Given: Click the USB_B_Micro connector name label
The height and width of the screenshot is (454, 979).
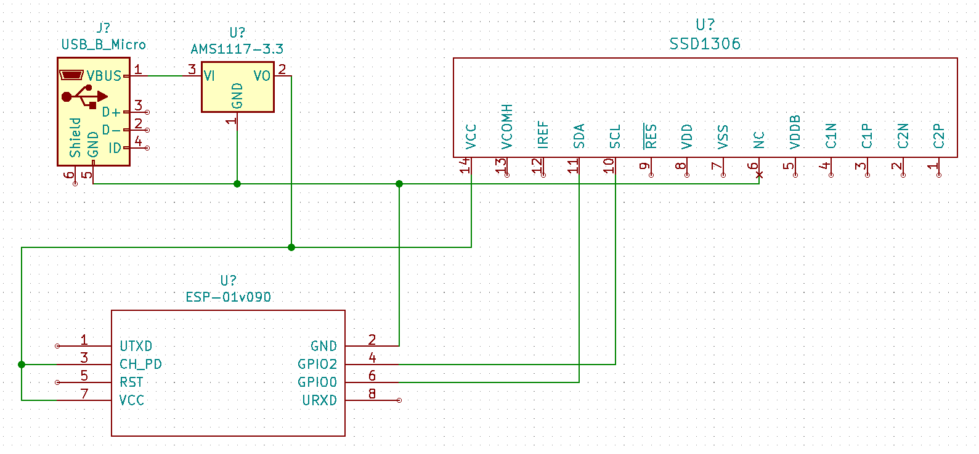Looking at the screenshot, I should pyautogui.click(x=104, y=44).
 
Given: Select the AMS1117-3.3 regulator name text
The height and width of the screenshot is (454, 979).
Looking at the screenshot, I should pyautogui.click(x=237, y=49).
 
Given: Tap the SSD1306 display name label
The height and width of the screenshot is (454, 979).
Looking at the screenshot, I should pyautogui.click(x=705, y=44).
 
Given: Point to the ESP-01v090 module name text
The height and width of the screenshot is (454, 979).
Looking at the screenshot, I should pyautogui.click(x=228, y=297).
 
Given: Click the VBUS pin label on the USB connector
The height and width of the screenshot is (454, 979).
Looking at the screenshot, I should pyautogui.click(x=104, y=76).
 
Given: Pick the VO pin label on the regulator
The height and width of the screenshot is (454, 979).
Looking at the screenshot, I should pyautogui.click(x=262, y=76).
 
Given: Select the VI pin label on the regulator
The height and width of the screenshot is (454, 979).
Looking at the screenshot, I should pyautogui.click(x=209, y=76).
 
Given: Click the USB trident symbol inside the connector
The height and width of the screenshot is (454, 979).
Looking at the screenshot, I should pyautogui.click(x=84, y=96).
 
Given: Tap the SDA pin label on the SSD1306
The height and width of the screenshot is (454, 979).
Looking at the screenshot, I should pyautogui.click(x=579, y=136).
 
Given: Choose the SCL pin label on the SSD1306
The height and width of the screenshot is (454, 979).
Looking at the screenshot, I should pyautogui.click(x=615, y=137).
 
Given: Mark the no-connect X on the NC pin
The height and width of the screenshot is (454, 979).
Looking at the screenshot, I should pyautogui.click(x=759, y=175).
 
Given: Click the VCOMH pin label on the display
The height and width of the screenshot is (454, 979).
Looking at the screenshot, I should pyautogui.click(x=507, y=126).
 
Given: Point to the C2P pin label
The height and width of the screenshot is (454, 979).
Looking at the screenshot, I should pyautogui.click(x=938, y=136).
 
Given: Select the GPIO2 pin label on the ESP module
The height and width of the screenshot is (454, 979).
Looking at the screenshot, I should pyautogui.click(x=317, y=364).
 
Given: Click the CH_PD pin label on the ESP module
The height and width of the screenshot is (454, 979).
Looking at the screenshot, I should pyautogui.click(x=140, y=364).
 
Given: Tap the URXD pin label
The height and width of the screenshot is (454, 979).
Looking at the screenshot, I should pyautogui.click(x=319, y=400).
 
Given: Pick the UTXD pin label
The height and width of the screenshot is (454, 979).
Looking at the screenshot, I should pyautogui.click(x=136, y=346).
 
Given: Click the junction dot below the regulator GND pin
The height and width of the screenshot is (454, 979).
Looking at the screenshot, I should pyautogui.click(x=237, y=184).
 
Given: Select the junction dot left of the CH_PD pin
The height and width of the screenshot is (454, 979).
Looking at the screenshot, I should pyautogui.click(x=22, y=365).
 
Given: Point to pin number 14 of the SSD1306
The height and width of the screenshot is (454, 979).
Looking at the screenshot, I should pyautogui.click(x=465, y=165).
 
